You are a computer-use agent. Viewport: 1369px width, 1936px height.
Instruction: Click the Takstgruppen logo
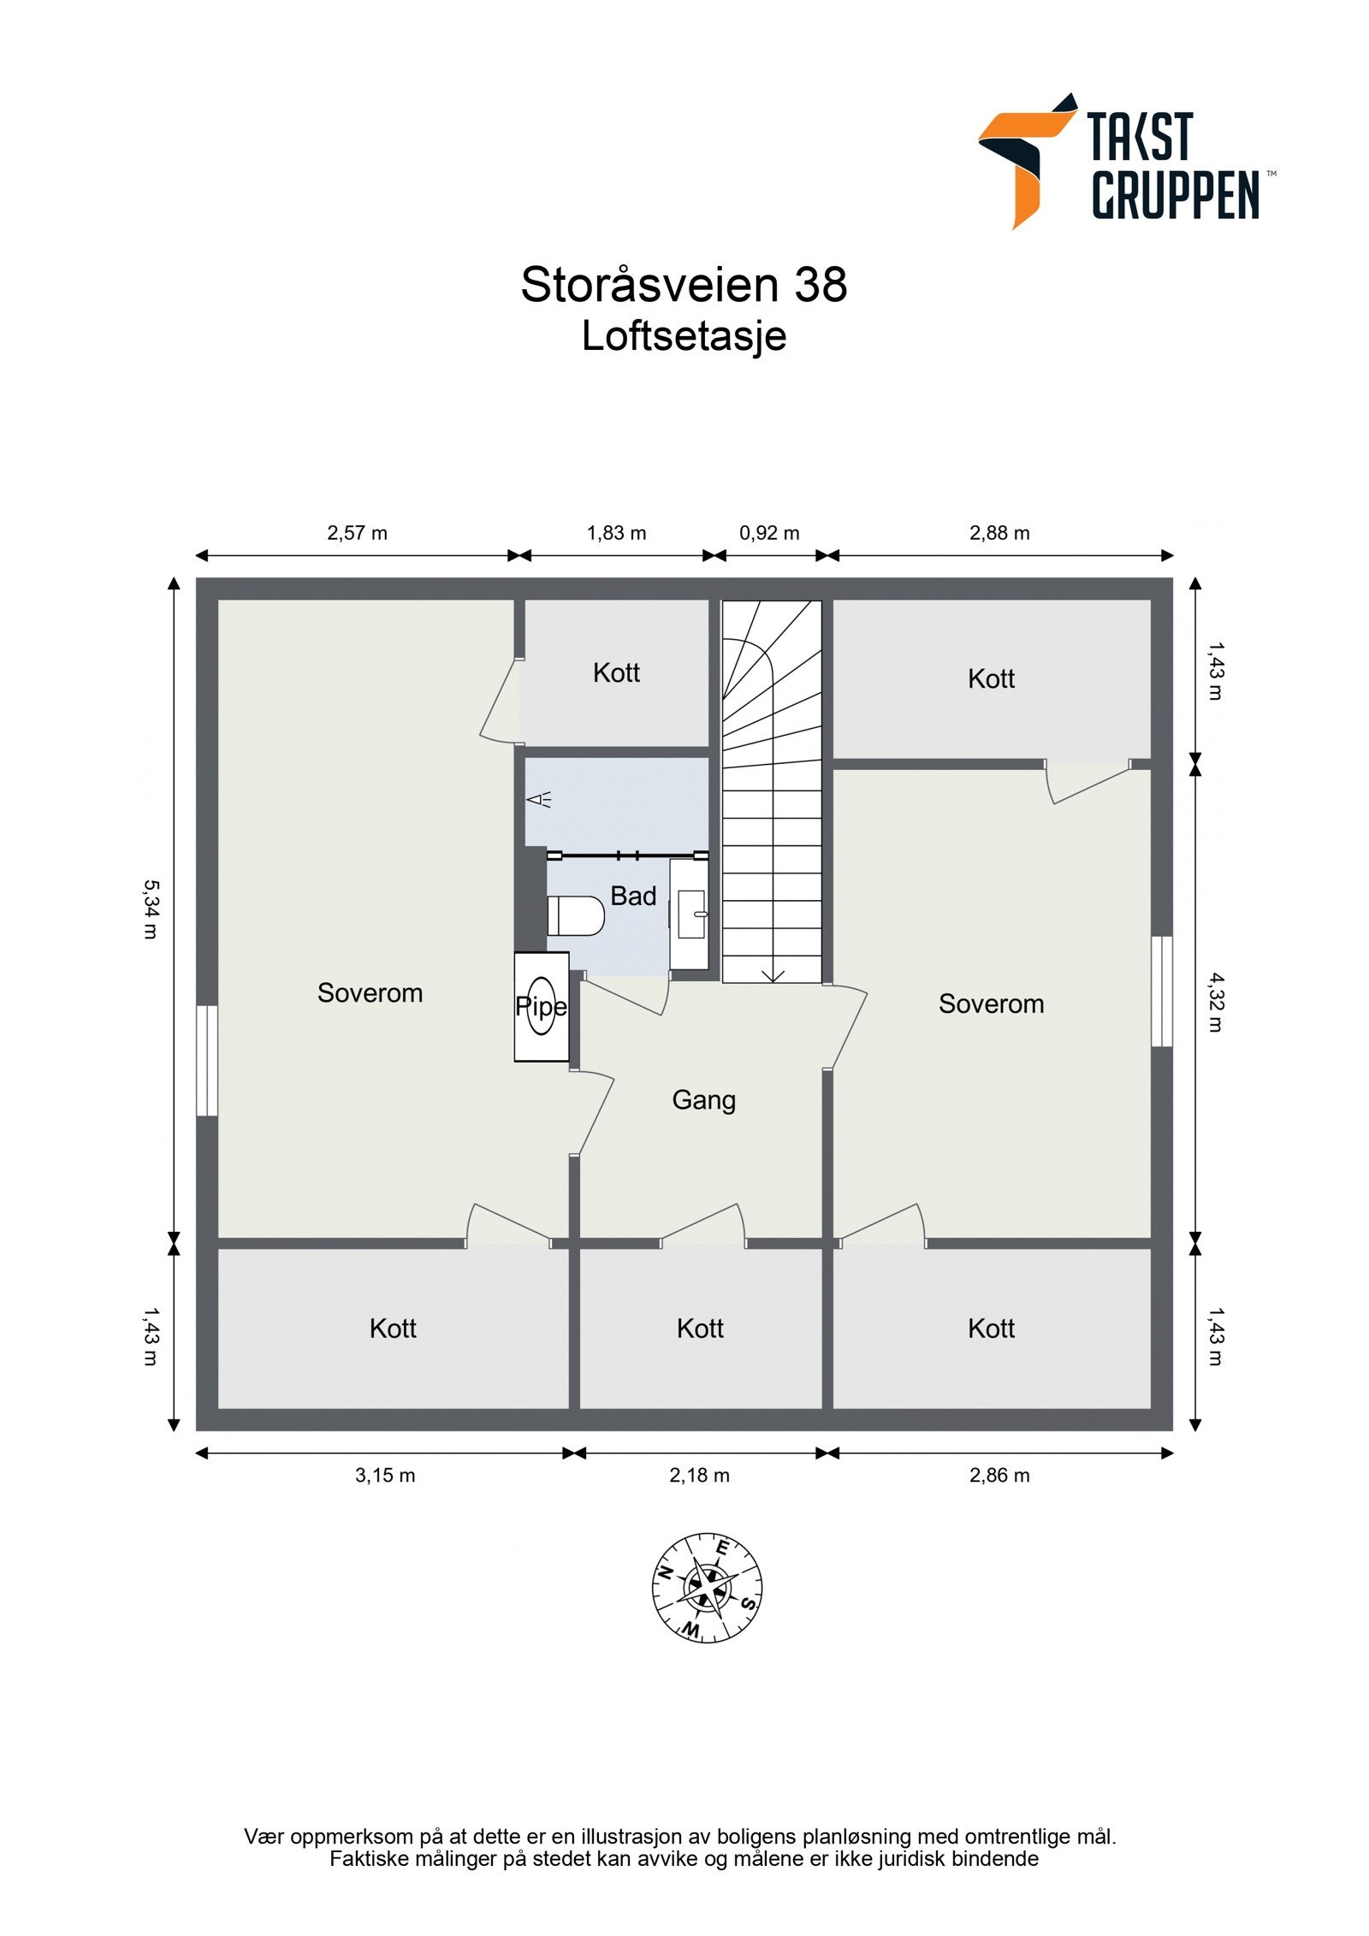coord(1123,161)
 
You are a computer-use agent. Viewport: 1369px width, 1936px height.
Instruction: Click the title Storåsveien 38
coord(684,285)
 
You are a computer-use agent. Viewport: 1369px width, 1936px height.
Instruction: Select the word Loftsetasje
coord(684,336)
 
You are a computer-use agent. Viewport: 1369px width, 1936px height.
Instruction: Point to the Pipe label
coord(541,1007)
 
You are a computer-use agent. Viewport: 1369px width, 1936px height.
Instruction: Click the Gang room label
coord(703,1100)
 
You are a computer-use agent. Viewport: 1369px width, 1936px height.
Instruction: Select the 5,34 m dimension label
coord(150,909)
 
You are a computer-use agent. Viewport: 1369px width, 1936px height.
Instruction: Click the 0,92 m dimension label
coord(769,533)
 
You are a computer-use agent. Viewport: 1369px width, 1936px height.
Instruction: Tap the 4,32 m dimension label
coord(1216,1002)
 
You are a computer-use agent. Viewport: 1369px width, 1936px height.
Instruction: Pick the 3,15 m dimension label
coord(385,1475)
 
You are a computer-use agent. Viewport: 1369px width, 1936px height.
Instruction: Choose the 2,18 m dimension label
coord(699,1475)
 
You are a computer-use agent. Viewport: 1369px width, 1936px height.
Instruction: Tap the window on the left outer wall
coord(206,1060)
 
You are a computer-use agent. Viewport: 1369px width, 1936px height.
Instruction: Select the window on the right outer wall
coord(1161,992)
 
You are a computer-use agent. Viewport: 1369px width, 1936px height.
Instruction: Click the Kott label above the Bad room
coord(616,673)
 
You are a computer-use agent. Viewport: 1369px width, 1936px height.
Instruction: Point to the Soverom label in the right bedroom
coord(991,1004)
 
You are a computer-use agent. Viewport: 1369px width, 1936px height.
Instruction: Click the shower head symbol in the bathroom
coord(539,800)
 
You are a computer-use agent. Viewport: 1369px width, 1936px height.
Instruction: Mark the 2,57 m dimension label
coord(357,533)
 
